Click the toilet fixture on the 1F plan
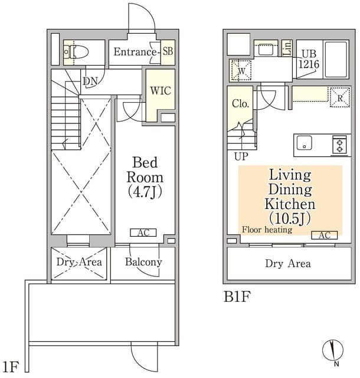[x=76, y=51]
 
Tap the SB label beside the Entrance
[x=168, y=51]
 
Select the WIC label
[x=161, y=90]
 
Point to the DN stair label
[x=90, y=82]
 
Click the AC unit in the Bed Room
[x=143, y=233]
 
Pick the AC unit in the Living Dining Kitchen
[x=325, y=235]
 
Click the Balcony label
[x=143, y=262]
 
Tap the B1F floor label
[x=237, y=296]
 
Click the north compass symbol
[x=333, y=351]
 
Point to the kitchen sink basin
[x=305, y=143]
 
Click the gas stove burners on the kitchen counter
[x=339, y=145]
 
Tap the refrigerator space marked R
[x=340, y=97]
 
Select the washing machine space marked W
[x=241, y=70]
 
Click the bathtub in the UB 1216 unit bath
[x=336, y=59]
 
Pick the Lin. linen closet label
[x=287, y=48]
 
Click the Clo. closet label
[x=240, y=104]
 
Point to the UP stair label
[x=241, y=157]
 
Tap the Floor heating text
[x=267, y=230]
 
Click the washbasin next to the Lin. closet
[x=266, y=50]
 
